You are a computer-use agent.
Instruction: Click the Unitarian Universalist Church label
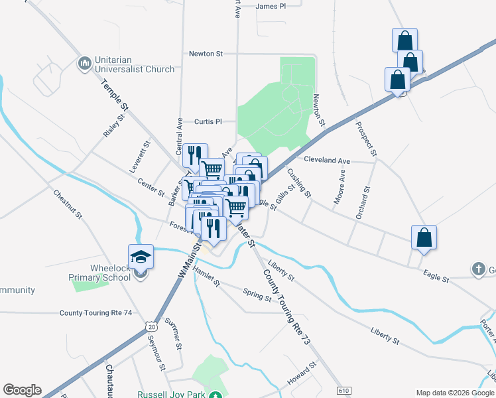(134, 64)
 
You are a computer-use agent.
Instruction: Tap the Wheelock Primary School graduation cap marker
(141, 256)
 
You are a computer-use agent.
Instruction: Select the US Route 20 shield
(152, 327)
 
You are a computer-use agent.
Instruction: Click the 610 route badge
(343, 391)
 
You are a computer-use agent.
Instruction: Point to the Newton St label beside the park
(319, 110)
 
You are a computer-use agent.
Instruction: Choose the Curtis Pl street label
(207, 121)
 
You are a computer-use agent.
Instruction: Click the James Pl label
(271, 6)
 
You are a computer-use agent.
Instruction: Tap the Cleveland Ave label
(327, 160)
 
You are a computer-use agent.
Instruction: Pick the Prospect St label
(366, 139)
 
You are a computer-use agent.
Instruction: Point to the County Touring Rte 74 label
(95, 312)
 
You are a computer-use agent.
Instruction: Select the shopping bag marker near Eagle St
(424, 237)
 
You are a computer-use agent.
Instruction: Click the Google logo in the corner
(22, 390)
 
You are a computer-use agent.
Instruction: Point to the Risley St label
(114, 125)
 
